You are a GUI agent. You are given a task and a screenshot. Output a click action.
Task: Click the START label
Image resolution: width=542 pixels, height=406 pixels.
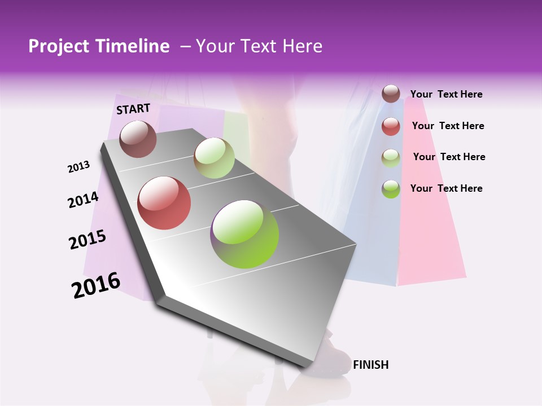click(133, 109)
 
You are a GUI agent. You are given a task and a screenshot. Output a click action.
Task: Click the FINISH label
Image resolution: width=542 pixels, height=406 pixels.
click(370, 365)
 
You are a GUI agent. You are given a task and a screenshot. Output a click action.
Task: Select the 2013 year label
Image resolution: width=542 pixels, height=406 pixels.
click(78, 167)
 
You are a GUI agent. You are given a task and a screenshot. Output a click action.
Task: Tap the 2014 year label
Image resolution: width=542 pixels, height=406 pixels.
click(83, 200)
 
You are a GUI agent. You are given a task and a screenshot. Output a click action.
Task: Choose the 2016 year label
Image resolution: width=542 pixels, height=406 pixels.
click(96, 285)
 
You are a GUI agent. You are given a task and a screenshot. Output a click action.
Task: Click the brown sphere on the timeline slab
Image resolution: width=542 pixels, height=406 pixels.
click(138, 139)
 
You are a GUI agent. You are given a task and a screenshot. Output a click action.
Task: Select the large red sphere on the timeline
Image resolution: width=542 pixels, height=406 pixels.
click(164, 203)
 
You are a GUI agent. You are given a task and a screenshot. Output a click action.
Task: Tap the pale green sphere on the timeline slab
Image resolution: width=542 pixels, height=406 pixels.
click(214, 158)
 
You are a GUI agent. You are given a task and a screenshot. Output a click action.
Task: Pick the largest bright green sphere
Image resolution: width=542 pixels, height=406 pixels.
click(244, 234)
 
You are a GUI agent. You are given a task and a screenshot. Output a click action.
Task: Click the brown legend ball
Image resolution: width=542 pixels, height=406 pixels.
click(391, 94)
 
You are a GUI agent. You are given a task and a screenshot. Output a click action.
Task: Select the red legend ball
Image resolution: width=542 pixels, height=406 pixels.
click(391, 126)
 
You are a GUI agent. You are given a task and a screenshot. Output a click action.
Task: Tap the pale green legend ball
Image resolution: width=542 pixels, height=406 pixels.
click(391, 158)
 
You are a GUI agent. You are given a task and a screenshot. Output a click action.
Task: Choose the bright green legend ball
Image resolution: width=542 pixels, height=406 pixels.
click(391, 189)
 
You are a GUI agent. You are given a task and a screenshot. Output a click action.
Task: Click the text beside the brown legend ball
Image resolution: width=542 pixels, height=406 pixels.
click(446, 94)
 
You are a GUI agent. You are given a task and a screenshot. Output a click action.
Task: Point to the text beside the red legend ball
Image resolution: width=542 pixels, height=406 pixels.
click(448, 126)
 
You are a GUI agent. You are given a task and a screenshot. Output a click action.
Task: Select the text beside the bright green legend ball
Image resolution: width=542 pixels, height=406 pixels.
click(446, 188)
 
